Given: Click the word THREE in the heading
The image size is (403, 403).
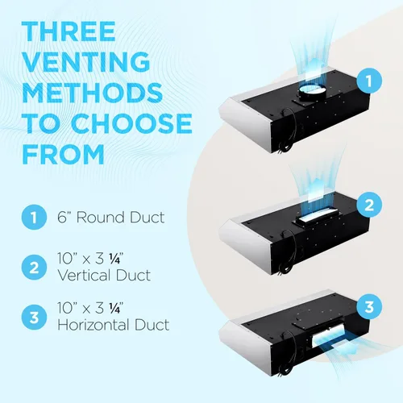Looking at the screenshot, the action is click(x=69, y=31).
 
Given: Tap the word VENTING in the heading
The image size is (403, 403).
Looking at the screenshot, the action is click(x=86, y=62).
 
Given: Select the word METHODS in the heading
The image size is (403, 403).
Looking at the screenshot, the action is click(x=93, y=93).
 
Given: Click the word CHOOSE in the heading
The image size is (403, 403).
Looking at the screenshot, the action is click(x=132, y=123).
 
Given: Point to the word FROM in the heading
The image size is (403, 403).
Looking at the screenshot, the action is click(x=64, y=154).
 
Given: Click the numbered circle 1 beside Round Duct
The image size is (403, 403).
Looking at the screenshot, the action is click(x=34, y=217).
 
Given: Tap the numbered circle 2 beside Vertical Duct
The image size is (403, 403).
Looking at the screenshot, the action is click(x=34, y=268).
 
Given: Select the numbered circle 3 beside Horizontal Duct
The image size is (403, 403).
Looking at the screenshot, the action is click(x=34, y=318).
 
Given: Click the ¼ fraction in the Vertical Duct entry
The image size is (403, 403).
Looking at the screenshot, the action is click(x=114, y=259).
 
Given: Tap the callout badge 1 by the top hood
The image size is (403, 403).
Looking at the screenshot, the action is click(x=369, y=81).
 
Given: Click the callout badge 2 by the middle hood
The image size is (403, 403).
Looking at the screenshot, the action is click(x=369, y=205).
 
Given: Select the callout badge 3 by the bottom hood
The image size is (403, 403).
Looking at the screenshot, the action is click(x=369, y=306).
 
